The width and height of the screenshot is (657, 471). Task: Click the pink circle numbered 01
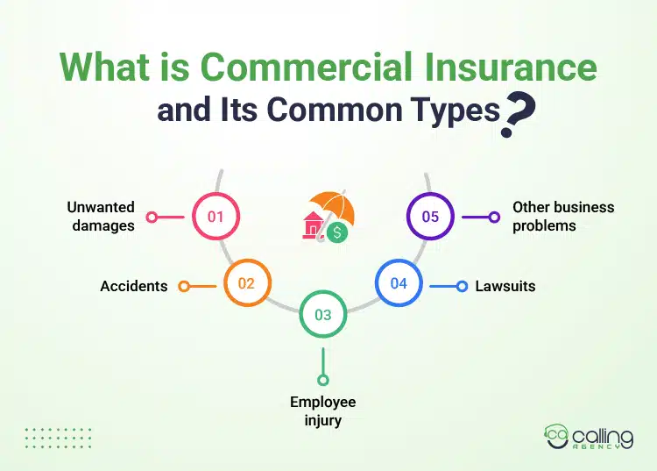[x=215, y=216]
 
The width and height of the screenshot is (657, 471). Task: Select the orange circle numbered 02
[x=246, y=283]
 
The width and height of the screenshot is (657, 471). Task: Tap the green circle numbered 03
[x=323, y=315]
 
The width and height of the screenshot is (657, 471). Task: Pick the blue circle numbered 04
[x=399, y=283]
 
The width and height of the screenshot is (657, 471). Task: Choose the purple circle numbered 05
[x=430, y=216]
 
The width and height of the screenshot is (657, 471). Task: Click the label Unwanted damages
[x=101, y=216]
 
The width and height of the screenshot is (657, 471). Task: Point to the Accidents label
[x=133, y=286]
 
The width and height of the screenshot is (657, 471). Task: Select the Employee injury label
[x=323, y=410]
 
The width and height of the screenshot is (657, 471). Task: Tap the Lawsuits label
[x=505, y=286]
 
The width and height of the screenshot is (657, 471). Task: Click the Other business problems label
[x=562, y=216]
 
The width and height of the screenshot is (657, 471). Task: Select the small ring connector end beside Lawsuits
[x=463, y=286]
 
